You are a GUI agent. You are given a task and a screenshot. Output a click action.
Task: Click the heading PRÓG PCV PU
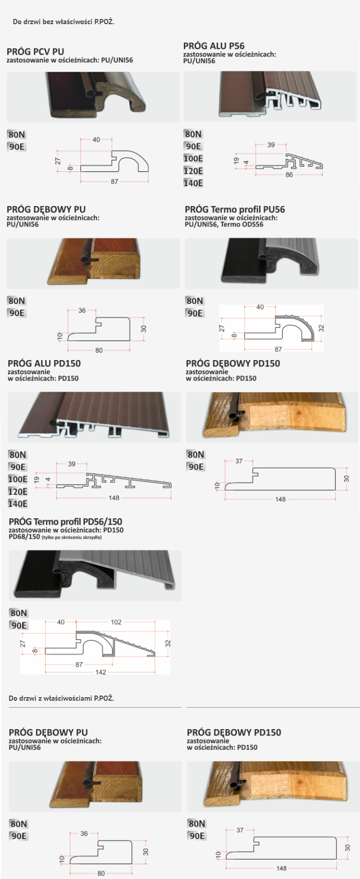click(35, 52)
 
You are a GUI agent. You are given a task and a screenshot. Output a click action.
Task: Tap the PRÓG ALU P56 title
click(214, 46)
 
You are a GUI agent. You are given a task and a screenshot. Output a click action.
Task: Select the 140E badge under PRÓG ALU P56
click(193, 183)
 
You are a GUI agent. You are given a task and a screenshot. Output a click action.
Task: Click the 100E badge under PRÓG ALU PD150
click(18, 479)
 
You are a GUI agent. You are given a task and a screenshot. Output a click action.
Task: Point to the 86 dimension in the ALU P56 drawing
click(289, 175)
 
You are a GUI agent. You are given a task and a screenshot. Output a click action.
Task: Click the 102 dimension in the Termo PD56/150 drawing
click(116, 622)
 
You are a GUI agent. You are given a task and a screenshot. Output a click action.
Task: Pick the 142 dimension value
click(101, 672)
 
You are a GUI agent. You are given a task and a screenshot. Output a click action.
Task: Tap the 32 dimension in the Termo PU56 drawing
click(321, 329)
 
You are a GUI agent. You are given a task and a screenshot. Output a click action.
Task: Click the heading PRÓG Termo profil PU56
click(235, 210)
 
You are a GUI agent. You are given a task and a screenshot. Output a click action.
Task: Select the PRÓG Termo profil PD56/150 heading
click(66, 522)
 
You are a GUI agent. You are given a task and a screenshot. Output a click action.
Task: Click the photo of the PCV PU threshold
click(94, 97)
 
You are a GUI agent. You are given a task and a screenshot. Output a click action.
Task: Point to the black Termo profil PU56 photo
click(271, 263)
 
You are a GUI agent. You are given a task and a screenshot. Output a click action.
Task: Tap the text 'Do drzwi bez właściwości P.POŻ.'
click(64, 22)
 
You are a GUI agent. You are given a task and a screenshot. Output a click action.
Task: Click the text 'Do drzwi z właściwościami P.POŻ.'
click(61, 698)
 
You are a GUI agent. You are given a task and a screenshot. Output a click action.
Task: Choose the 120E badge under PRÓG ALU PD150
click(18, 492)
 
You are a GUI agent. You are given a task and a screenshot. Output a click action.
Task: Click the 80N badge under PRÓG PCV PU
click(16, 135)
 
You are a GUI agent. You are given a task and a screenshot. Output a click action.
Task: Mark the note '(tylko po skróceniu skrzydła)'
click(72, 537)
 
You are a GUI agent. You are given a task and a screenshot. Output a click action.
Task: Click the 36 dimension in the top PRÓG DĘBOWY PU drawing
click(82, 310)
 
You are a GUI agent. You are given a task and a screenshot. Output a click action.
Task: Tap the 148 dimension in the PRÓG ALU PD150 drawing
click(114, 498)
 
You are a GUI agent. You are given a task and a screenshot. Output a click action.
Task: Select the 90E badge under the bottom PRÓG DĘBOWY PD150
click(197, 836)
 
